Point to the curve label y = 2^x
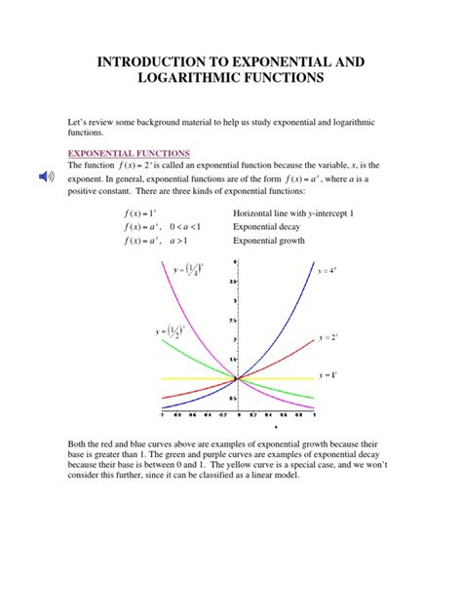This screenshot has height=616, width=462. (x=327, y=337)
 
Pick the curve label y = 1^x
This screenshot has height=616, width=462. (x=327, y=375)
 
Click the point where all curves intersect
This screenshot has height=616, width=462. (x=235, y=377)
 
